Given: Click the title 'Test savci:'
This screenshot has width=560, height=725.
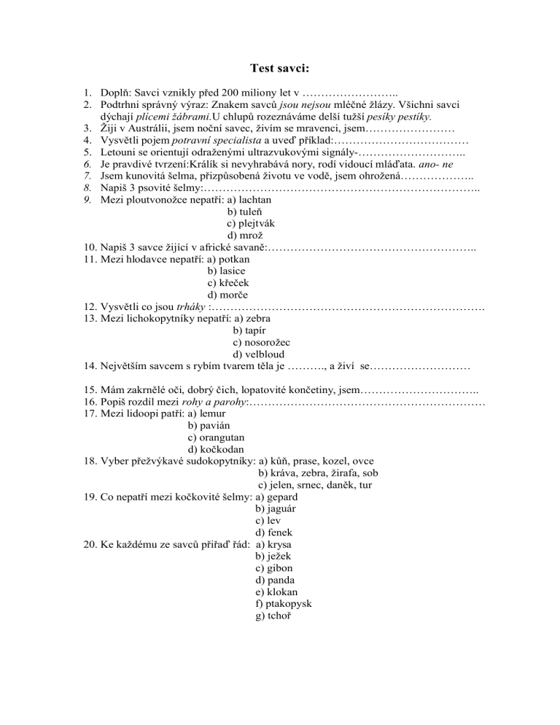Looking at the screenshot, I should tap(280, 69).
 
